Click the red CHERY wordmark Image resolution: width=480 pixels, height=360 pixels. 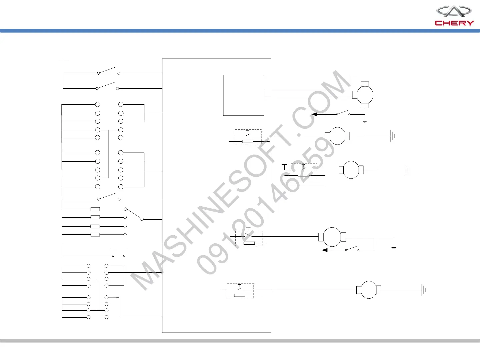point(454,23)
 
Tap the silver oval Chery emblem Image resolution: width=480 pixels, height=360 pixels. point(454,11)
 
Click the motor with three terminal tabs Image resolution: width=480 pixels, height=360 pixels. point(365,95)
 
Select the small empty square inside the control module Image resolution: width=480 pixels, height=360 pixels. point(244,95)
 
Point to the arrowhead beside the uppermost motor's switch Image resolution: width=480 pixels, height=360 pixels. point(314,114)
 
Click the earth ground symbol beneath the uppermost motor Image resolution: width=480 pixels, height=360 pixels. point(365,122)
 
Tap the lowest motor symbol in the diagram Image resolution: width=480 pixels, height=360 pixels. point(369,290)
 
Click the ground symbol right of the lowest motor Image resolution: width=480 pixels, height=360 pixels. point(424,290)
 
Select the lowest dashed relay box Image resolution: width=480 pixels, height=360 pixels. point(240,290)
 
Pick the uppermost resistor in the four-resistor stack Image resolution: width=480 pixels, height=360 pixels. point(95,209)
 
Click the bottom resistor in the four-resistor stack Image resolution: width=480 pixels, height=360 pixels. point(95,235)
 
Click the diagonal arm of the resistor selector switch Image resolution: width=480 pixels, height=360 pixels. point(134,214)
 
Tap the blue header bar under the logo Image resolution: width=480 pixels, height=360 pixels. point(240,31)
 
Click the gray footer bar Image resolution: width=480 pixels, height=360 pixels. point(240,341)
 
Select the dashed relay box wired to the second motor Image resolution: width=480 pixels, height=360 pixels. point(248,137)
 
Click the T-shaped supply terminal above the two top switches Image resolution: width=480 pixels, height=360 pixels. point(63,61)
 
